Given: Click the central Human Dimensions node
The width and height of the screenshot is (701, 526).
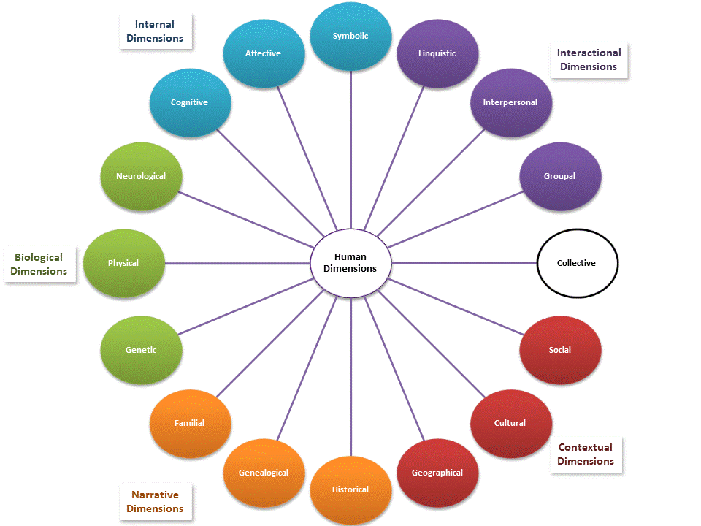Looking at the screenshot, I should (x=350, y=263).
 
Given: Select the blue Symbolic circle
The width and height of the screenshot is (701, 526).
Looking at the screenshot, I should (x=350, y=36).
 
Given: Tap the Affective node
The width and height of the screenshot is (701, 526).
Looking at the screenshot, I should (x=263, y=53).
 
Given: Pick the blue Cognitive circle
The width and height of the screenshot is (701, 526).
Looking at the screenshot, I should (x=190, y=103).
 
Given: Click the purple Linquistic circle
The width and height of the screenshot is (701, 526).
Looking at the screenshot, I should (x=437, y=53).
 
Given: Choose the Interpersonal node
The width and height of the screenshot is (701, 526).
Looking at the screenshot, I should (x=510, y=103).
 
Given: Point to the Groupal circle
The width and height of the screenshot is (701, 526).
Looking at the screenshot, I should (x=560, y=176).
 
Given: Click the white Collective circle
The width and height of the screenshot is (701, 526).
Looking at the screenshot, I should (x=577, y=263).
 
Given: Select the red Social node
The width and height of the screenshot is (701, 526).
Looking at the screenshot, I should (x=560, y=350).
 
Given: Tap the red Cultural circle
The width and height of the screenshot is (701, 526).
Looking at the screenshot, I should (x=510, y=423).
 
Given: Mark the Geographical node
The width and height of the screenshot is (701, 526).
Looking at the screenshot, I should (x=437, y=473).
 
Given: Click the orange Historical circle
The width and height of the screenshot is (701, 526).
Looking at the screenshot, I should (x=350, y=489).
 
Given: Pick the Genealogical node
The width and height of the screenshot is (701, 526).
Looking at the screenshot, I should (x=264, y=473).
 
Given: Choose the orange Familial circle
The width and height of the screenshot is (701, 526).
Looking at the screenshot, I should (x=190, y=423).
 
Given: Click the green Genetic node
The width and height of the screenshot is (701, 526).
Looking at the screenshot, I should (x=141, y=350).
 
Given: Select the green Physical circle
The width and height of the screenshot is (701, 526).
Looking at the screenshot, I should (x=123, y=263).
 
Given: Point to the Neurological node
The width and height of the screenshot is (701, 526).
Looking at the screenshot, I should (x=141, y=176).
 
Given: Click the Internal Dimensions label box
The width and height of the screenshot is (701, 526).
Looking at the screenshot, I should (x=155, y=31).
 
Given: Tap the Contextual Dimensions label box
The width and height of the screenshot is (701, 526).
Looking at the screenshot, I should (x=586, y=454).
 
